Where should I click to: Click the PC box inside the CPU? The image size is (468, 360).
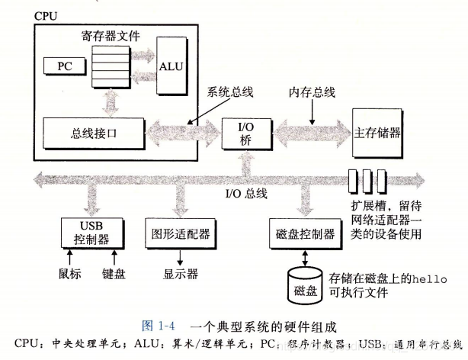coord(64,66)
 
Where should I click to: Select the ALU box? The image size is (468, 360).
coord(171,66)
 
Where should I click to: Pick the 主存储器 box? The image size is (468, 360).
coord(380,130)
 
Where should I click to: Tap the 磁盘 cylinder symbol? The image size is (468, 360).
coord(303,289)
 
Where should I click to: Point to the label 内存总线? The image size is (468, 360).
coord(310,92)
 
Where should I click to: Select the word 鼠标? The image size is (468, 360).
coord(69,272)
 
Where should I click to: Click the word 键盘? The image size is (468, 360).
coord(114,272)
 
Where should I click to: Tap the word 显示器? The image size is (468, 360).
coord(181,272)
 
